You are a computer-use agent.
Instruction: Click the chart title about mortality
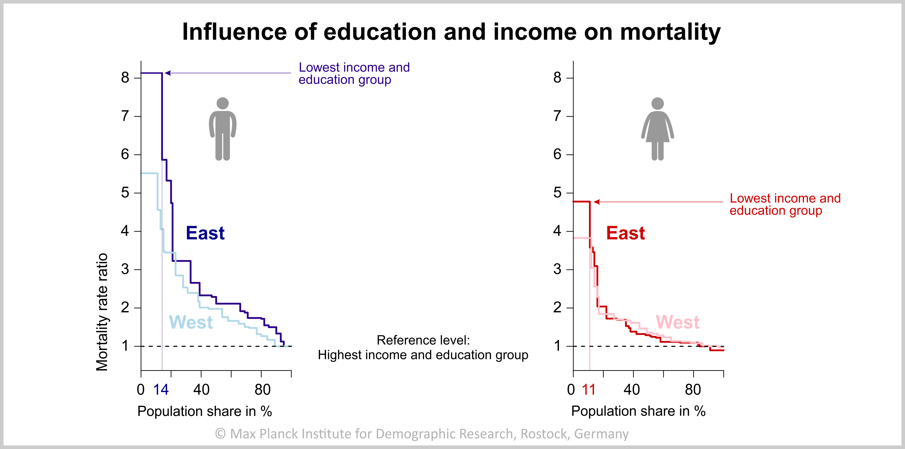(451, 32)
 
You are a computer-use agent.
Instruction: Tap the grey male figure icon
(223, 129)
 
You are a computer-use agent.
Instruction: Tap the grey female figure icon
(657, 129)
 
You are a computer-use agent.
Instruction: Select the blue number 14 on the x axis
(161, 390)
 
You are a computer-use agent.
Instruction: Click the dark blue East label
(205, 233)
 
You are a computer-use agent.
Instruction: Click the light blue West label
(191, 322)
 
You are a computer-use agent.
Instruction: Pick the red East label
(625, 233)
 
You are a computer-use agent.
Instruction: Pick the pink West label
(677, 322)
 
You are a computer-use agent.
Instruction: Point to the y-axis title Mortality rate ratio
(102, 312)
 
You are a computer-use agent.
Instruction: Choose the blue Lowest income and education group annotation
(354, 73)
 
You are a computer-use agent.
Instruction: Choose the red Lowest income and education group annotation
(785, 204)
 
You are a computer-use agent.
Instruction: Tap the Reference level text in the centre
(423, 347)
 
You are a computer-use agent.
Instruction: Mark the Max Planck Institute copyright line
(422, 433)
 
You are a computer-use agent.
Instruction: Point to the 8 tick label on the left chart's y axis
(125, 78)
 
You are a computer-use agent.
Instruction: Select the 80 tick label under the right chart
(693, 390)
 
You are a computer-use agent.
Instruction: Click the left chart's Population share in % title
(204, 411)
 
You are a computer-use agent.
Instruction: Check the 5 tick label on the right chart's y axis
(557, 193)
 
